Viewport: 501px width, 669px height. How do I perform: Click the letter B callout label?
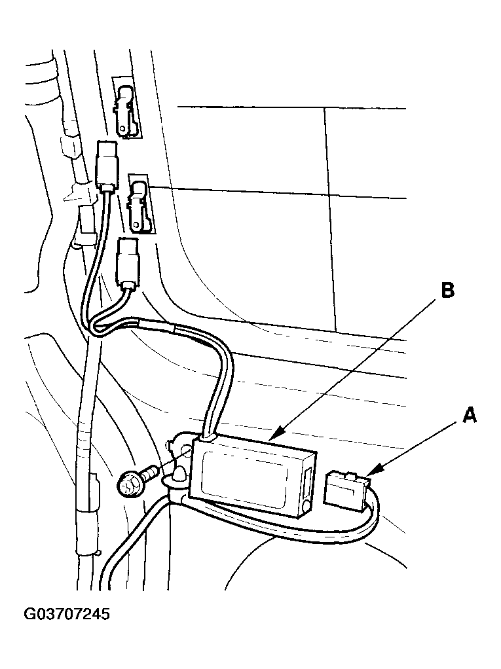[x=447, y=290]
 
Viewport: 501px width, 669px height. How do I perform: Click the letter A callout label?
[x=469, y=414]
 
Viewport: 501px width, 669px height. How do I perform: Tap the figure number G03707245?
[x=67, y=615]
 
